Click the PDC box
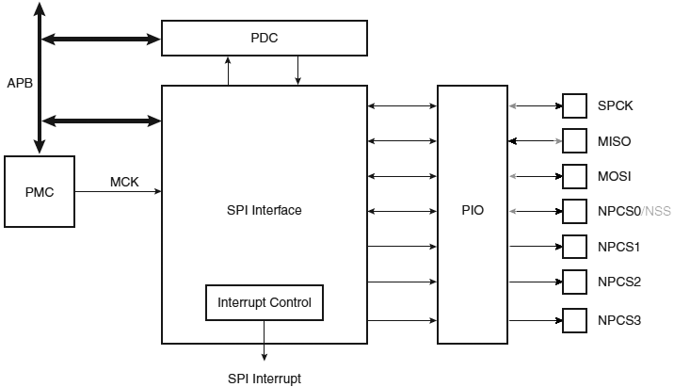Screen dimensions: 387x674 point(264,38)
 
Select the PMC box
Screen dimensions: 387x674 point(40,192)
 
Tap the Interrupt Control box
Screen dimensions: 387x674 point(265,303)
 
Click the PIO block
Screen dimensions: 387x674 point(473,211)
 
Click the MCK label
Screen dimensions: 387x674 point(124,183)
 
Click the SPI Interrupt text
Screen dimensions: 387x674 point(264,379)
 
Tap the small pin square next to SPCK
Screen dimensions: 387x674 point(574,105)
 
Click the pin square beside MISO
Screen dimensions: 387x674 point(574,141)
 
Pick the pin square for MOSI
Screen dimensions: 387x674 point(574,176)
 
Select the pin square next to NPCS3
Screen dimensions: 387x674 point(574,319)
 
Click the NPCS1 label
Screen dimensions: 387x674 point(618,247)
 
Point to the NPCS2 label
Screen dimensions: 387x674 point(618,282)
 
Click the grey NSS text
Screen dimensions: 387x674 point(657,211)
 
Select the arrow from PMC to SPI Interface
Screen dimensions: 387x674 point(118,192)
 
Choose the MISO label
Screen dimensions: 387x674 point(614,141)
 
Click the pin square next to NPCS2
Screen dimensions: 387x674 point(574,282)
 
